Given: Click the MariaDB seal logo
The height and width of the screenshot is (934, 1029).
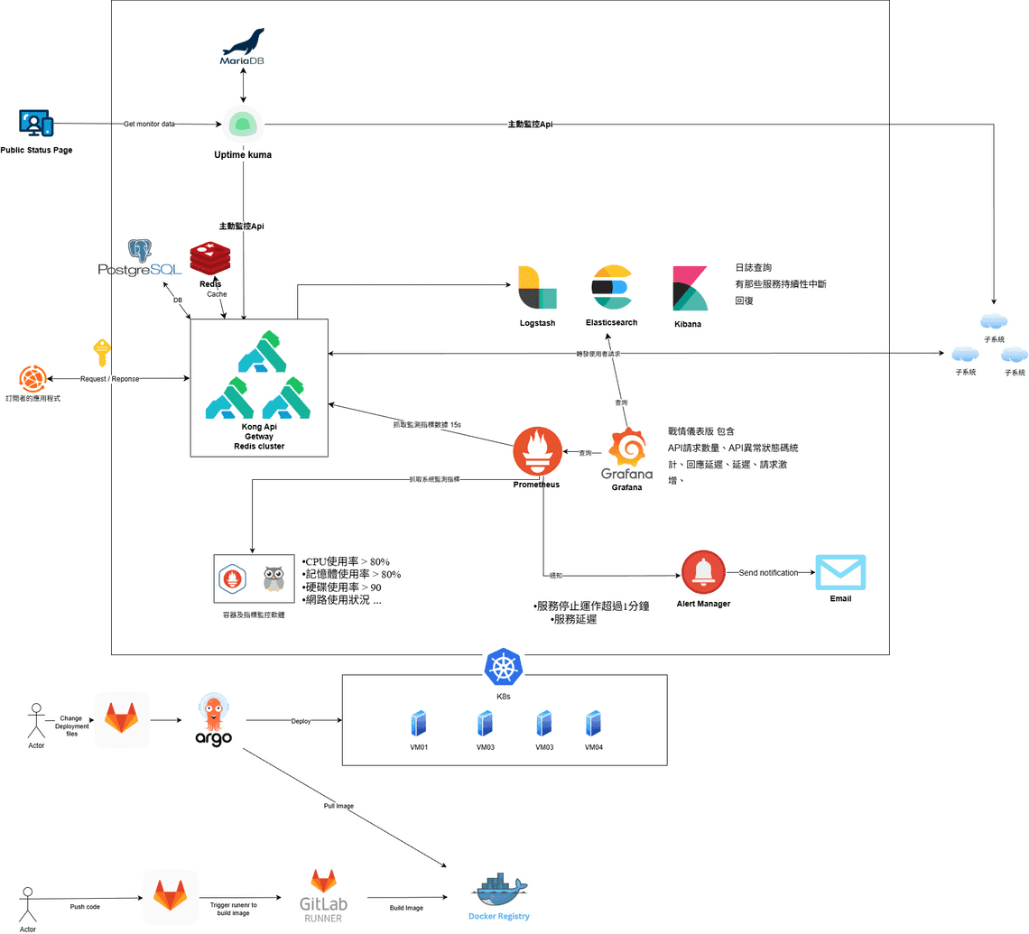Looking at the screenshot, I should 243,42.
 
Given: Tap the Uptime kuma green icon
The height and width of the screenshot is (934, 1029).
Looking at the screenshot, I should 243,125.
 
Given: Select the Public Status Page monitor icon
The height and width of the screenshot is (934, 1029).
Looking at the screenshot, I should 35,123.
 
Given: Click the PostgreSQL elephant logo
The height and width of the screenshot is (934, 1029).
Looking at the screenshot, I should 139,253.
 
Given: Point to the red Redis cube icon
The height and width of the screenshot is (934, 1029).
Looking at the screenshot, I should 210,259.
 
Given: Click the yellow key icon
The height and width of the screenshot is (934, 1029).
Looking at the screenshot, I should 102,352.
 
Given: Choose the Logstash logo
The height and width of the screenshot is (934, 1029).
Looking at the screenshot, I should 537,288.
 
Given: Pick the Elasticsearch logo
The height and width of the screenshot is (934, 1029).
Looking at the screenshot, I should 611,288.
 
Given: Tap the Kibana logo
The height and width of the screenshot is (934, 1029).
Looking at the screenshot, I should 690,289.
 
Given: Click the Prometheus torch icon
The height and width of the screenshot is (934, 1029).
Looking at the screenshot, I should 537,451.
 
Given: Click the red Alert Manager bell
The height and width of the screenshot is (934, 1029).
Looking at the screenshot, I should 704,572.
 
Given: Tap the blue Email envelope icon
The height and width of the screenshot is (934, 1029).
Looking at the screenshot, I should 840,572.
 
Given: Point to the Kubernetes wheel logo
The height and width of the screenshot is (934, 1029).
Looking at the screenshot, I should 504,668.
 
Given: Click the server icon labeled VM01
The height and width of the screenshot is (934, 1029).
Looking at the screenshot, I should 418,724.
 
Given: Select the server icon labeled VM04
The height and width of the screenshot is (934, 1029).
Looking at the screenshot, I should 593,724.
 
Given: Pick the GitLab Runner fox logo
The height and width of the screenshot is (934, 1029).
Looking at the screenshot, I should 324,882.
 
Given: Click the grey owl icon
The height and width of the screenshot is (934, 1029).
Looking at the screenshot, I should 273,578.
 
